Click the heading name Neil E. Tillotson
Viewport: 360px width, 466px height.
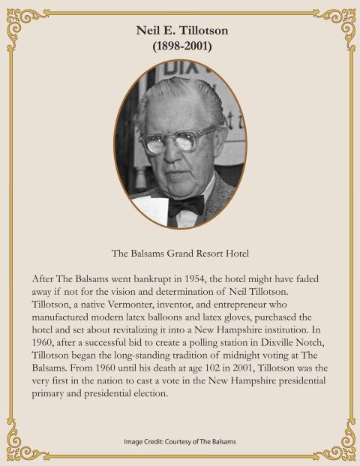click(x=179, y=32)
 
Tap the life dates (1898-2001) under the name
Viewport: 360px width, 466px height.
click(x=179, y=47)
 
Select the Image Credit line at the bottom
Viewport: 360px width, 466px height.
click(x=180, y=441)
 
